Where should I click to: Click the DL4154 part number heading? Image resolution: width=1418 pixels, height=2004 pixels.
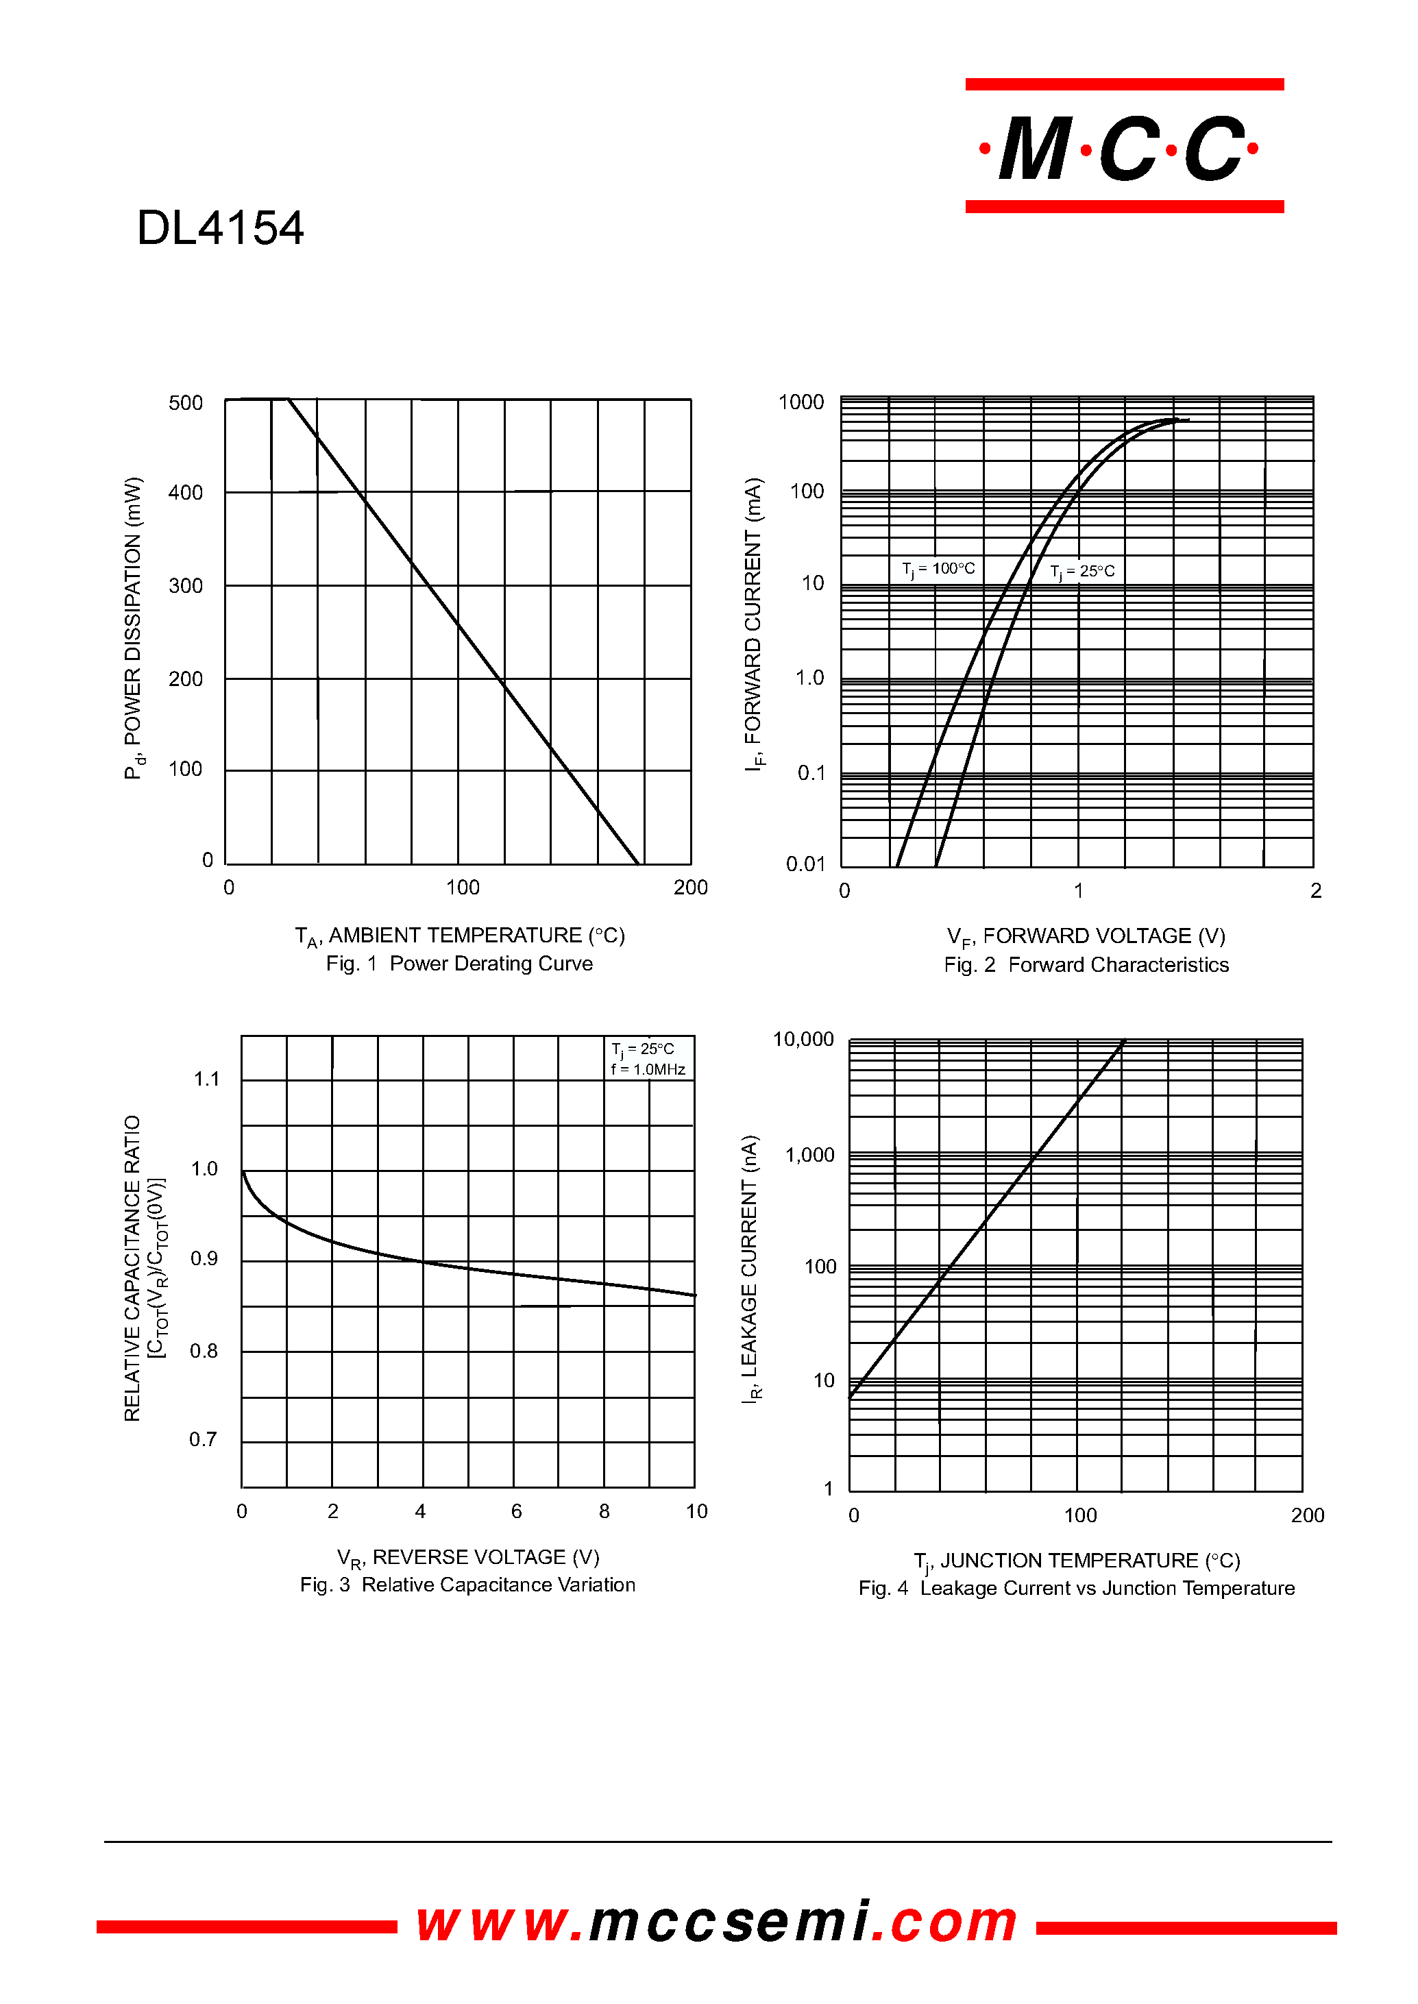point(220,228)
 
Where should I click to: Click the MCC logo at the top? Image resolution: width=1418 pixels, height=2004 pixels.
point(1124,146)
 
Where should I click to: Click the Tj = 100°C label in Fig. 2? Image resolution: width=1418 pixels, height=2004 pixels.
point(939,570)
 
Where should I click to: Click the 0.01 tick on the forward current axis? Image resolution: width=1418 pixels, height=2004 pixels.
point(805,864)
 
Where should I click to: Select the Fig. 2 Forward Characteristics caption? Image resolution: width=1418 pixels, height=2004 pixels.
point(1086,965)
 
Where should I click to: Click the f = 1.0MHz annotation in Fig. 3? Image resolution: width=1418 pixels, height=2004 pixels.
point(648,1070)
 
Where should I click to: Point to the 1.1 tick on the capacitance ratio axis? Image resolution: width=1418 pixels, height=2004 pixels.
point(207,1079)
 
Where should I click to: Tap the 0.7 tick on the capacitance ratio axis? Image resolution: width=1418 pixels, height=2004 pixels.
point(203,1439)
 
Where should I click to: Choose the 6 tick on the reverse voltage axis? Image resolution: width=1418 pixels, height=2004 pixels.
point(517,1511)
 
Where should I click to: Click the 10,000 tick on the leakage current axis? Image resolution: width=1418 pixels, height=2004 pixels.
point(803,1039)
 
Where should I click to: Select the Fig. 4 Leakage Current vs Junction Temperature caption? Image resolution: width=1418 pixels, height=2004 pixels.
point(1077,1589)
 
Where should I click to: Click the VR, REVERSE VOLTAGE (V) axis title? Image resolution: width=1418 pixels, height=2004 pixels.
point(468,1558)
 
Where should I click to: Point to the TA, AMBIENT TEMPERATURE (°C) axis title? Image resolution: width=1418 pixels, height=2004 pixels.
point(460,936)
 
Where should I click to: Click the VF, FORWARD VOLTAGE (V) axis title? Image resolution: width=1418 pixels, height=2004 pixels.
point(1086,937)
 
